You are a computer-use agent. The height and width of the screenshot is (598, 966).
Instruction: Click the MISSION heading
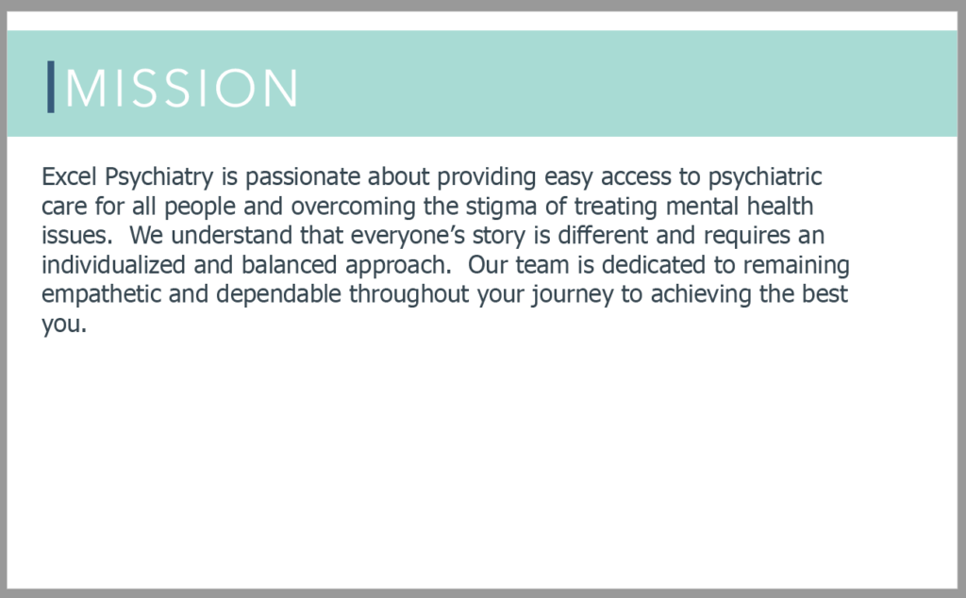pyautogui.click(x=181, y=88)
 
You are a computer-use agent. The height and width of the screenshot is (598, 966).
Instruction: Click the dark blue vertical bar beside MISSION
pyautogui.click(x=51, y=87)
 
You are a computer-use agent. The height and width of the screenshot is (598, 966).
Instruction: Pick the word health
pyautogui.click(x=780, y=206)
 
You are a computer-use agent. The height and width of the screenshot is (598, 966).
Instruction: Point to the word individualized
pyautogui.click(x=113, y=265)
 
